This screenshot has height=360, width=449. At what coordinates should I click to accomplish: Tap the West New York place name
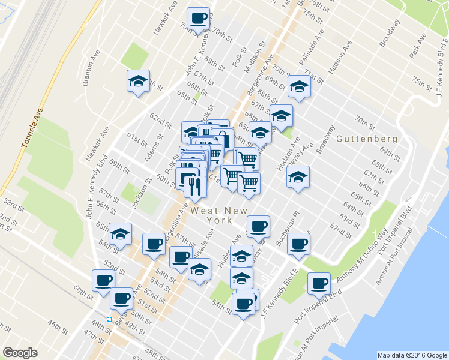point(211,215)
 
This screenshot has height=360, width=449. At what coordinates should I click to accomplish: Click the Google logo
point(20,353)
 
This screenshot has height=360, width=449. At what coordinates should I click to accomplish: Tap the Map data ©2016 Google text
point(411,355)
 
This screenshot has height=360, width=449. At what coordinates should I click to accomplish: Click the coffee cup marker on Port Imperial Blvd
point(319,283)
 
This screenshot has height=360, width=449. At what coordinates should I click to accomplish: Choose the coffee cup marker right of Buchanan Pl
point(298,243)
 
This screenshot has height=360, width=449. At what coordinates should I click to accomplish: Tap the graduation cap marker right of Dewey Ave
point(298,177)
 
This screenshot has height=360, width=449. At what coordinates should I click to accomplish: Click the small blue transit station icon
point(109,319)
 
